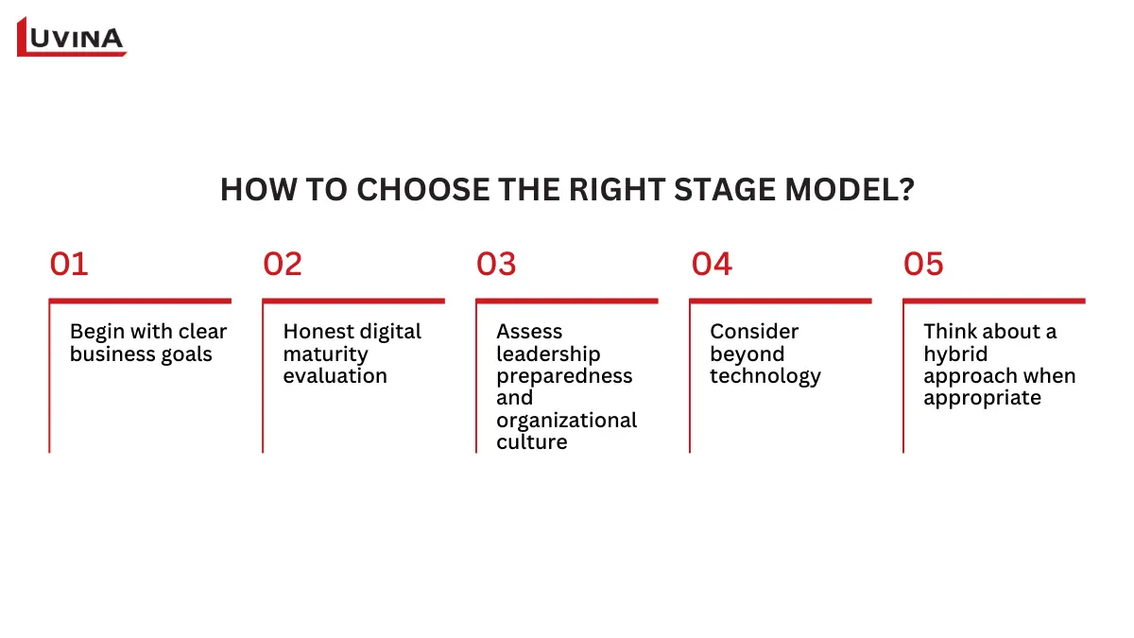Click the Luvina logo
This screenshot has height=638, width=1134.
click(x=72, y=38)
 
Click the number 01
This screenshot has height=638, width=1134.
click(x=69, y=265)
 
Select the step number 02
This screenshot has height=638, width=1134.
click(x=283, y=265)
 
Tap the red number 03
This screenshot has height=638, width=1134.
click(x=496, y=265)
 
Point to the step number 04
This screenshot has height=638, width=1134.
click(x=712, y=265)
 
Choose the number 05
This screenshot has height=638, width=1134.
click(x=923, y=265)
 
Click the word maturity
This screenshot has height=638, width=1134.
click(x=325, y=354)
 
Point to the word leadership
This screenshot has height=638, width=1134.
click(x=548, y=354)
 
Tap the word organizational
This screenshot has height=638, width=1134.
click(x=567, y=421)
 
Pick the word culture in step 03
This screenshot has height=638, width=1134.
click(x=532, y=442)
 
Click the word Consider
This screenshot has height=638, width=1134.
click(x=754, y=332)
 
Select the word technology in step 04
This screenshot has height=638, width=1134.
click(x=765, y=376)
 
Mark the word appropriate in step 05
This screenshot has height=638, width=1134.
click(x=982, y=398)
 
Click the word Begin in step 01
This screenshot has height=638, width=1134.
click(x=96, y=332)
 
